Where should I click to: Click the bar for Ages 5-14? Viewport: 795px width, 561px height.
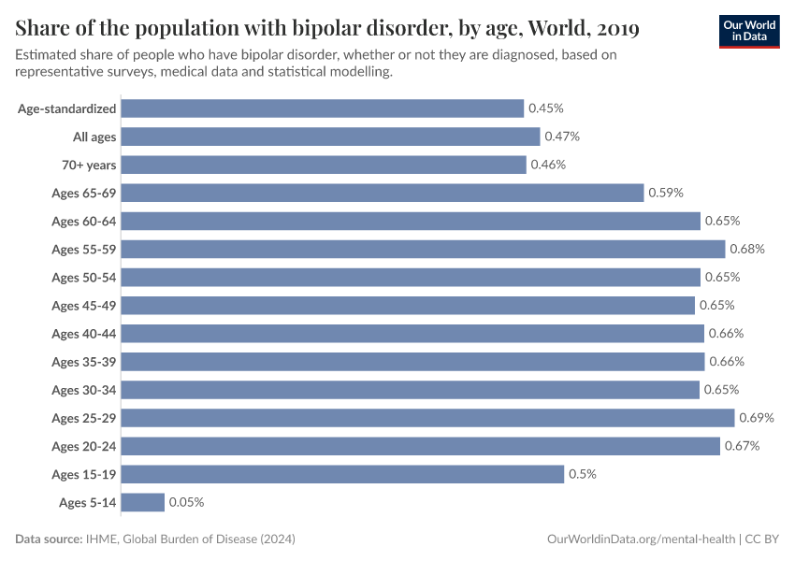pos(143,502)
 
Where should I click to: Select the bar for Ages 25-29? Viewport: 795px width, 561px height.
pos(427,418)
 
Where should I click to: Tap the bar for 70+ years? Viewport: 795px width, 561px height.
pos(324,165)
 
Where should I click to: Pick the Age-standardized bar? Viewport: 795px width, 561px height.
pos(323,109)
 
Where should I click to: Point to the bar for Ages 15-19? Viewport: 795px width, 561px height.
pos(342,474)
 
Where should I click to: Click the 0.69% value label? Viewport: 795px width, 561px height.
pos(757,418)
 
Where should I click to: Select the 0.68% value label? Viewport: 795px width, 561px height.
pos(747,250)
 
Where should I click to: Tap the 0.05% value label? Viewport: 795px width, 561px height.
pos(186,502)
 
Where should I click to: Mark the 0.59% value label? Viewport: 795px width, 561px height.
pos(666,194)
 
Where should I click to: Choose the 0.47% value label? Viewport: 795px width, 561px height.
pos(562,137)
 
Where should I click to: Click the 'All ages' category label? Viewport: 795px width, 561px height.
pos(94,137)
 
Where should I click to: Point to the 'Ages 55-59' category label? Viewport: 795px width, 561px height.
pos(84,250)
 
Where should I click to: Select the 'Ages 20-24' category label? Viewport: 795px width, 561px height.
pos(84,446)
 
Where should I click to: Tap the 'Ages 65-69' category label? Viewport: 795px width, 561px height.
pos(84,194)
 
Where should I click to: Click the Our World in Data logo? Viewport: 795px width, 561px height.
pos(749,32)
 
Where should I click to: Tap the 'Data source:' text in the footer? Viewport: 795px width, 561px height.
pos(49,539)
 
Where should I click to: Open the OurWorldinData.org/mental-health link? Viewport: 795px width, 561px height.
pos(640,539)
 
